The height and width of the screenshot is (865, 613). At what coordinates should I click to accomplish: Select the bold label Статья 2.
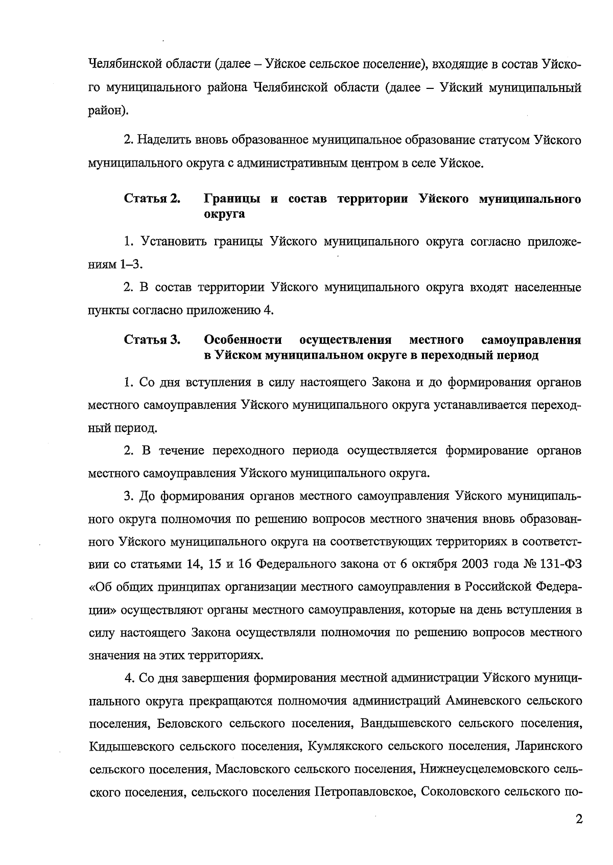coord(152,199)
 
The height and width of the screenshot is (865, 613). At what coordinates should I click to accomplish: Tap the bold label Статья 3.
coord(152,340)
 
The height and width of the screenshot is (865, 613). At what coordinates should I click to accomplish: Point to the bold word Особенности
coord(243,340)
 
